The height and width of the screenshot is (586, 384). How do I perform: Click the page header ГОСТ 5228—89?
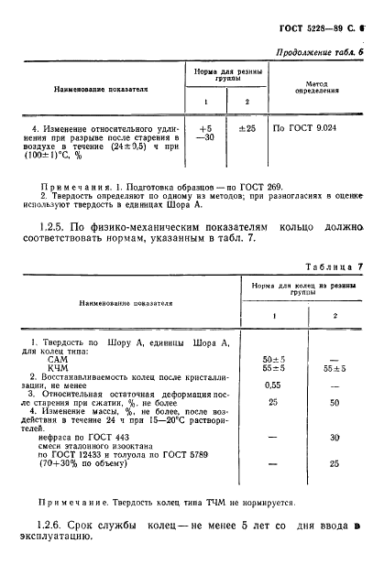[321, 29]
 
